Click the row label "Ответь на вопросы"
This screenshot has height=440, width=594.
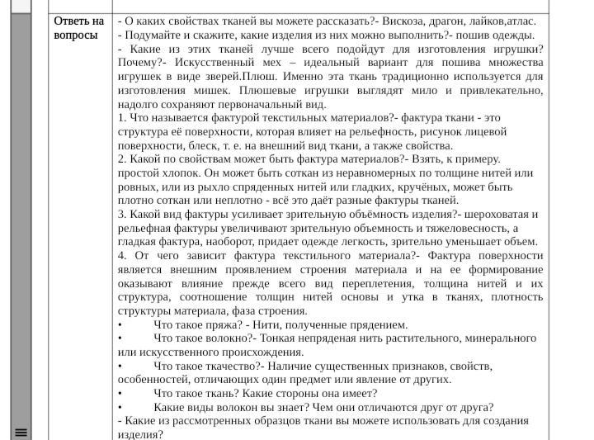tap(78, 28)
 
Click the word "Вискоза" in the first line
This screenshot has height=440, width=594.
tap(403, 21)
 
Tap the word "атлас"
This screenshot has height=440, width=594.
tap(521, 21)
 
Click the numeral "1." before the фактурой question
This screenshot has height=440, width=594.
tap(122, 118)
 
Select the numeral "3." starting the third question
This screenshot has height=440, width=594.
tap(122, 215)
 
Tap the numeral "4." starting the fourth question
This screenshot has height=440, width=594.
tap(122, 256)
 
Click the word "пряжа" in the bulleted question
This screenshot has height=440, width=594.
tap(222, 324)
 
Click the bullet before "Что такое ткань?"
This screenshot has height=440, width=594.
tap(121, 394)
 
